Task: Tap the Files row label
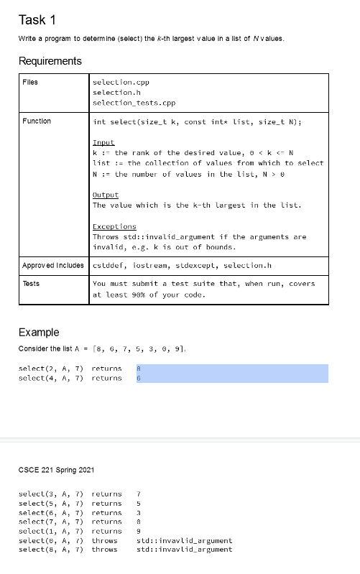tap(29, 82)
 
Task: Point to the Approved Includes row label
tap(54, 265)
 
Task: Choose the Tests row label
tap(30, 283)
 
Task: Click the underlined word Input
tap(103, 143)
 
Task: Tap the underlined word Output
tap(106, 195)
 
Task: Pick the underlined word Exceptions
tap(114, 226)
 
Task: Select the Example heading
tap(39, 332)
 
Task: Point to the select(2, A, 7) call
tap(50, 369)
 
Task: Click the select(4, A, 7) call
tap(50, 378)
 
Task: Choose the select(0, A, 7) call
tap(50, 540)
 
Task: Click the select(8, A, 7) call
tap(50, 550)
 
